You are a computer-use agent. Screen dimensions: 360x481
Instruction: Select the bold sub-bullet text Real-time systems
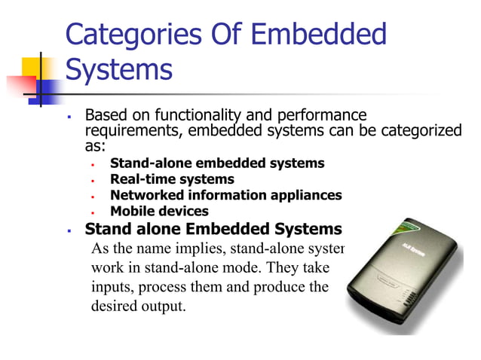172,179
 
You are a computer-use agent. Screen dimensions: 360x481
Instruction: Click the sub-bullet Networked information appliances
225,195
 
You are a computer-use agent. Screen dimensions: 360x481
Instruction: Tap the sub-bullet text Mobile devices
159,212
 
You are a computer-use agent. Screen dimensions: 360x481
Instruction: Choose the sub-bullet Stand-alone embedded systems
217,163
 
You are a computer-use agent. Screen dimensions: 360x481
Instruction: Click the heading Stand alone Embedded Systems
213,229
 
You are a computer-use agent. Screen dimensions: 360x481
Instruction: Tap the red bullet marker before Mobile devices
90,212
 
